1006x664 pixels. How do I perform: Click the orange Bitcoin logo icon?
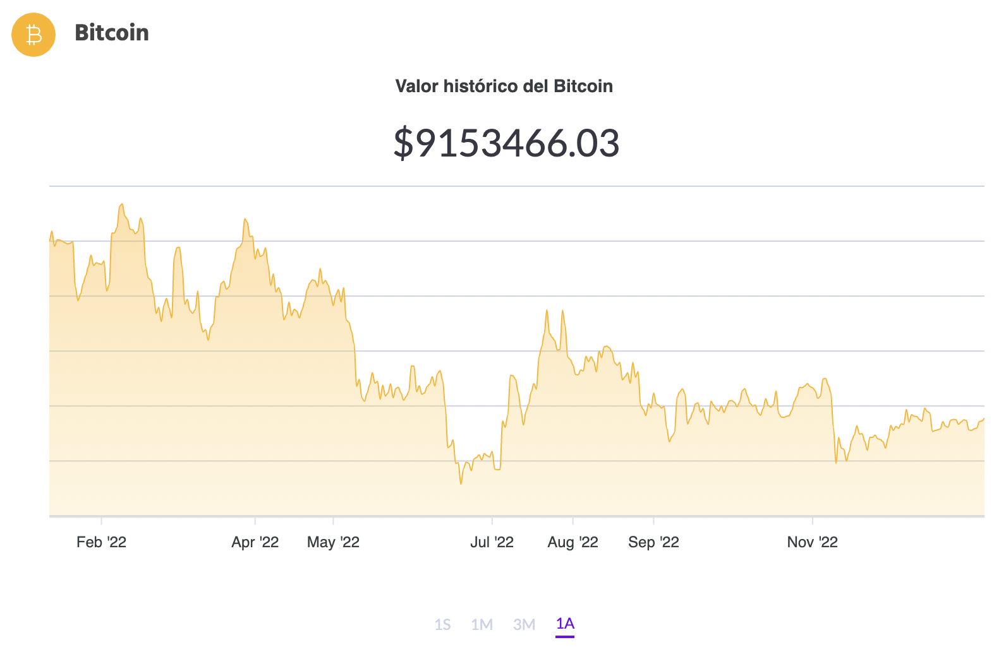tap(33, 35)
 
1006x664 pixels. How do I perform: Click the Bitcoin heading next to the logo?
tap(112, 33)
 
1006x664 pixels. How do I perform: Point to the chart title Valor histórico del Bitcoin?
tap(504, 86)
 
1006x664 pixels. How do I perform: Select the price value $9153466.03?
tap(506, 143)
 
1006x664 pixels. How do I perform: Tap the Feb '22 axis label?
tap(101, 542)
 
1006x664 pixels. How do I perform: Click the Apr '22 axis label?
tap(255, 542)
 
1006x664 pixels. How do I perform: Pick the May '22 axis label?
tap(333, 542)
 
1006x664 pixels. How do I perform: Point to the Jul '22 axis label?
tap(492, 542)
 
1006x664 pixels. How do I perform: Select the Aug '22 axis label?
tap(573, 542)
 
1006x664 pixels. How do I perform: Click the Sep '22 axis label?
tap(653, 542)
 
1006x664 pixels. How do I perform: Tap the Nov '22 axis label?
tap(812, 542)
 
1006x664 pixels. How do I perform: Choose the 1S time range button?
tap(442, 625)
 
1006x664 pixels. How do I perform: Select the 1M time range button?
tap(482, 625)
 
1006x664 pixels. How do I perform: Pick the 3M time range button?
tap(524, 625)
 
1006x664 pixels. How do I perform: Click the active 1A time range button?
tap(565, 624)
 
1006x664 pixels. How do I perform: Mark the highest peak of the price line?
tap(122, 204)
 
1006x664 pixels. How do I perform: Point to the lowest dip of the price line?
tap(461, 483)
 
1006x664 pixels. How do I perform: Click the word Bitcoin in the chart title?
tap(583, 86)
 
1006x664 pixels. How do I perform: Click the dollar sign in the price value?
tap(403, 143)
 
